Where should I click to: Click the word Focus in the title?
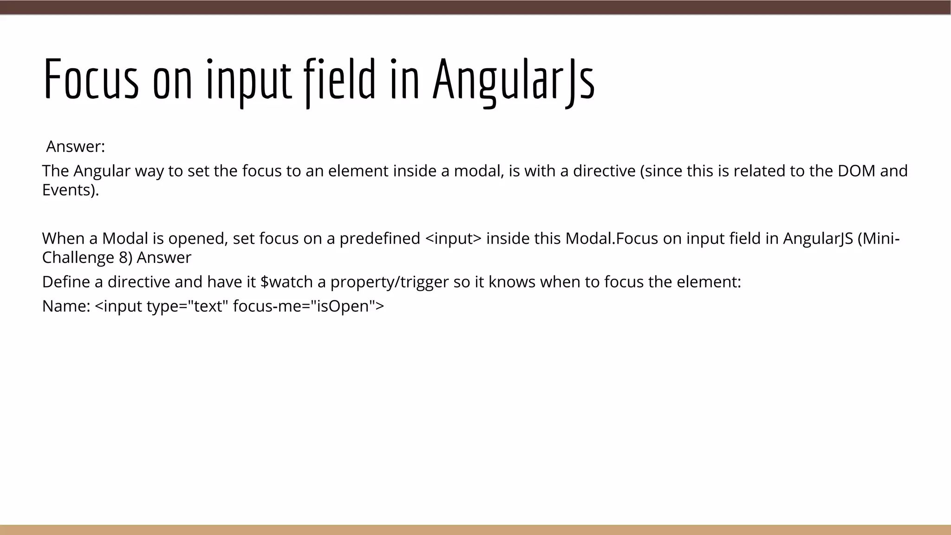point(91,79)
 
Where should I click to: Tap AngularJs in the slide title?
point(513,79)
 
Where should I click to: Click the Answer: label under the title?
point(76,147)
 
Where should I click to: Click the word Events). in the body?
point(71,190)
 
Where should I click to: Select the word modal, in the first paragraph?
point(479,171)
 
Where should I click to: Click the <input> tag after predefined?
point(453,239)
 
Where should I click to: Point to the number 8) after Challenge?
point(125,258)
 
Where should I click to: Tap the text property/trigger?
point(390,282)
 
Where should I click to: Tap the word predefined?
point(380,239)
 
